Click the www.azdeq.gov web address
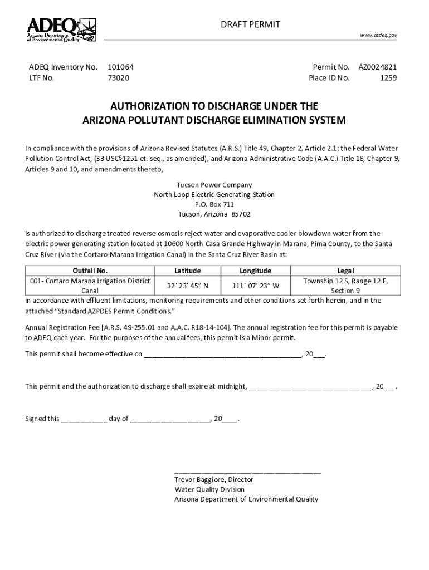(x=378, y=35)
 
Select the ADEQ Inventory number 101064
(x=120, y=67)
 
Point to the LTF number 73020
(x=118, y=78)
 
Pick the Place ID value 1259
(x=388, y=78)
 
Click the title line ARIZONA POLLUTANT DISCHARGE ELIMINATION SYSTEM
(x=214, y=120)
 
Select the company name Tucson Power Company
(x=214, y=185)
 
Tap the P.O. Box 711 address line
(x=214, y=205)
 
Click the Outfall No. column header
(x=90, y=271)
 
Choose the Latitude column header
(x=187, y=271)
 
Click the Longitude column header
(x=255, y=271)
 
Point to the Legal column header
(x=345, y=271)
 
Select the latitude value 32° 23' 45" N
(x=188, y=286)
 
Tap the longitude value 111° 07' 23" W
(x=255, y=286)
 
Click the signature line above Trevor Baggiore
(x=247, y=471)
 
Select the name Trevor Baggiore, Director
(x=214, y=479)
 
